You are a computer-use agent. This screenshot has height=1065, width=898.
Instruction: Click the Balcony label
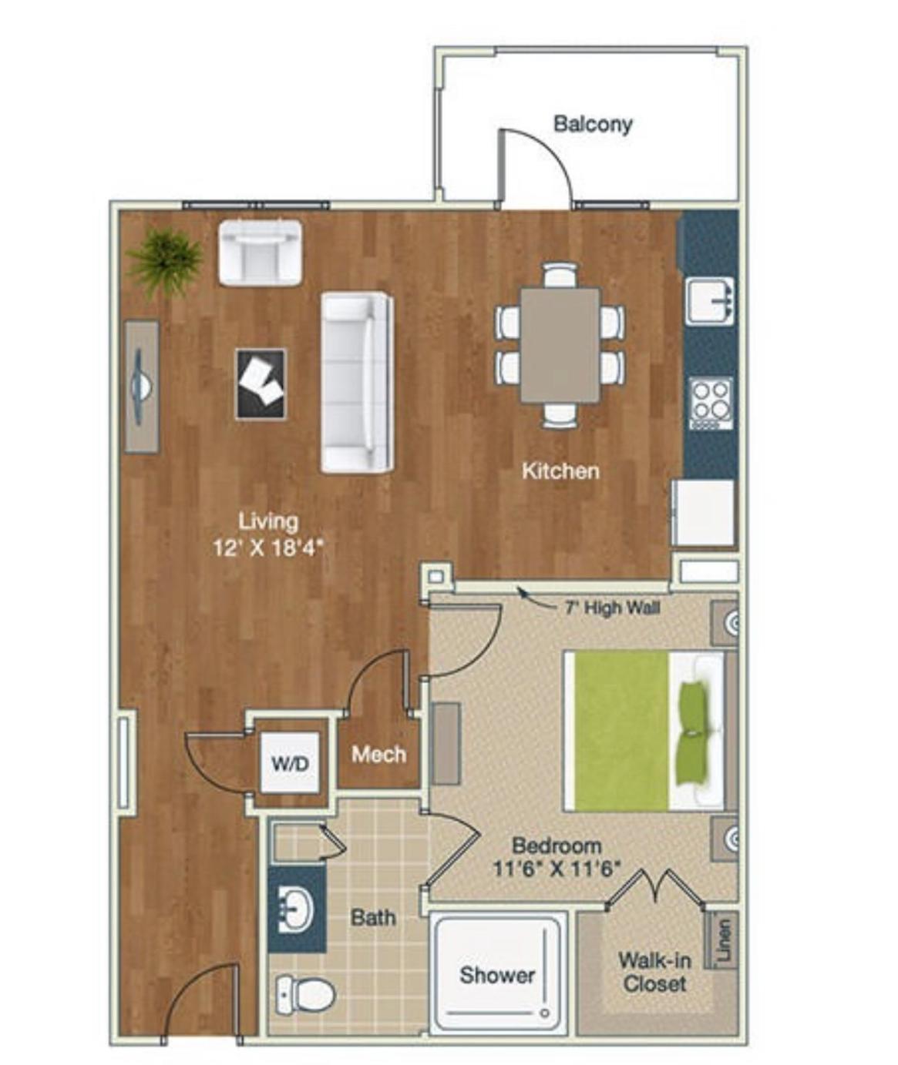tap(594, 124)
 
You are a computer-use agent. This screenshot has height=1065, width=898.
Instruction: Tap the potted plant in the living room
tap(164, 263)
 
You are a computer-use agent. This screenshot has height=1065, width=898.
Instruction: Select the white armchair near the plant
tap(261, 252)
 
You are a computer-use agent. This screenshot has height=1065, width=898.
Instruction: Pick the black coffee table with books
tap(261, 384)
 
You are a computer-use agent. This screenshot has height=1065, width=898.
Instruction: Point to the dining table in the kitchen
tap(560, 345)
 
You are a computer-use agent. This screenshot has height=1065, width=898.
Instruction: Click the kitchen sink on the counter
tap(710, 301)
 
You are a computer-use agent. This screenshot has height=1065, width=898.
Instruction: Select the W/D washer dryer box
tap(291, 764)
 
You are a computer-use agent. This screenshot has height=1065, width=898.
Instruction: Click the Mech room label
tap(378, 755)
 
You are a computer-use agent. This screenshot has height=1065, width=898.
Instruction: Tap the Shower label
tap(497, 975)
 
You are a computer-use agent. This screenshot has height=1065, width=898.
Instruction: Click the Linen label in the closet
tap(725, 939)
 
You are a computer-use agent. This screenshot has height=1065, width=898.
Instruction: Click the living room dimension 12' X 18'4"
tap(268, 548)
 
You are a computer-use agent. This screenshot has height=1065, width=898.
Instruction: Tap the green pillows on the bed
tap(695, 732)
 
